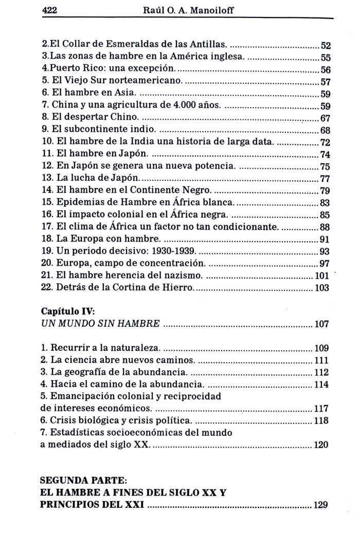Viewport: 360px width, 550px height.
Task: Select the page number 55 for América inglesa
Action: coord(325,58)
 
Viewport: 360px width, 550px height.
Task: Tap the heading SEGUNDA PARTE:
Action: coord(83,481)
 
